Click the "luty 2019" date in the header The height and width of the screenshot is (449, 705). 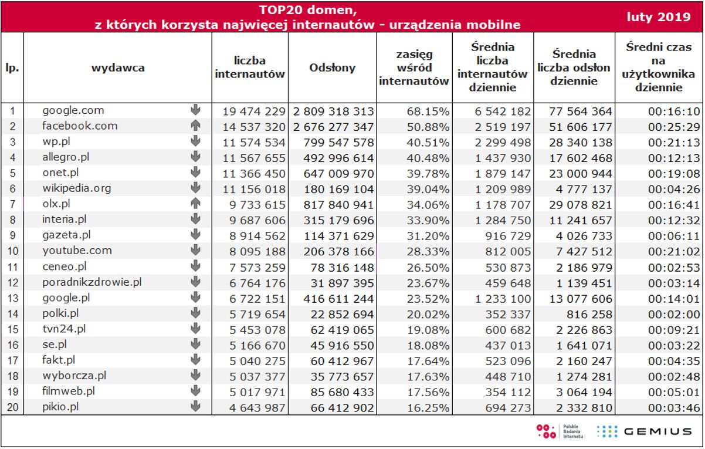658,17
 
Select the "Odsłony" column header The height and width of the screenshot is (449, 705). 332,67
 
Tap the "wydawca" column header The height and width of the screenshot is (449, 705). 118,67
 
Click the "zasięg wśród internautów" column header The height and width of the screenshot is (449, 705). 413,67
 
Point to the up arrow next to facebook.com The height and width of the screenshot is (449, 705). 195,126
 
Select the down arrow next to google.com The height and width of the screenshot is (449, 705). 195,110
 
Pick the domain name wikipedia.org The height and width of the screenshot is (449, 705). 77,188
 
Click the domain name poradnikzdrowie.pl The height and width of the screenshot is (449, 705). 92,282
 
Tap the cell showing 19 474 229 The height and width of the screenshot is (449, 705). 254,111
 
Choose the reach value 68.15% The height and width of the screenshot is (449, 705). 430,111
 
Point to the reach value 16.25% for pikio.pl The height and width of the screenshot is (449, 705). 430,407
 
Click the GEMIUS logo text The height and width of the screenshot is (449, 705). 657,432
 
